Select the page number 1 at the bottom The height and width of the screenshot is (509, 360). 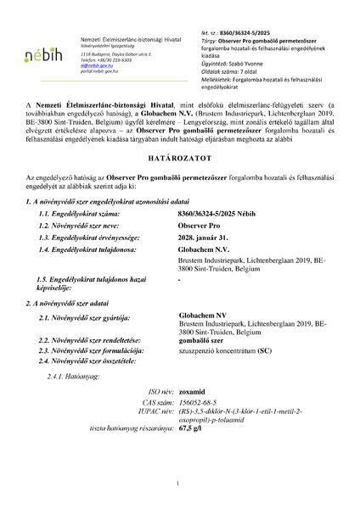[x=180, y=483]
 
